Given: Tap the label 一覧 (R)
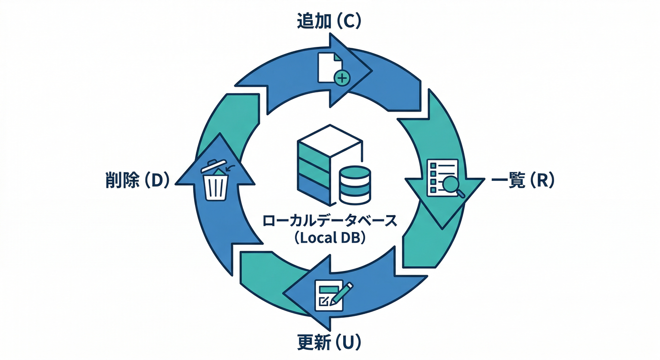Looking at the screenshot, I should [x=522, y=181].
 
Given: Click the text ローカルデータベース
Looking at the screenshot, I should [x=330, y=220].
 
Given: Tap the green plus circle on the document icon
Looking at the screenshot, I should [x=343, y=78].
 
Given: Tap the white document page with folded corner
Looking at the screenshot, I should [x=328, y=67].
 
